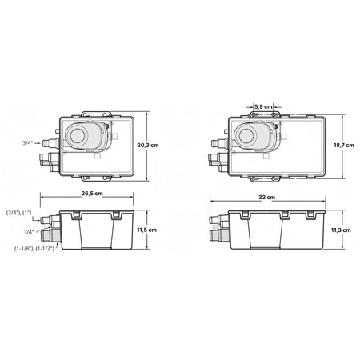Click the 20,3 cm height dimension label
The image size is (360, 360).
tap(148, 146)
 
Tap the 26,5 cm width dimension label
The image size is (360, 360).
tap(92, 194)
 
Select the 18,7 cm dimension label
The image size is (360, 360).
tap(344, 146)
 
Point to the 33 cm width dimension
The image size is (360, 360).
tap(266, 198)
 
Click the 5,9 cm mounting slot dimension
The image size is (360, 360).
tap(263, 107)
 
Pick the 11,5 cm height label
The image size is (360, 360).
tap(147, 230)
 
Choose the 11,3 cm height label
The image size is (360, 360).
tap(341, 230)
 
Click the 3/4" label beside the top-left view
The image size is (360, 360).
tap(27, 143)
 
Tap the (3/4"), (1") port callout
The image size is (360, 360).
tap(19, 213)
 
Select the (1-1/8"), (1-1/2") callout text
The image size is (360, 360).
tap(34, 249)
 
